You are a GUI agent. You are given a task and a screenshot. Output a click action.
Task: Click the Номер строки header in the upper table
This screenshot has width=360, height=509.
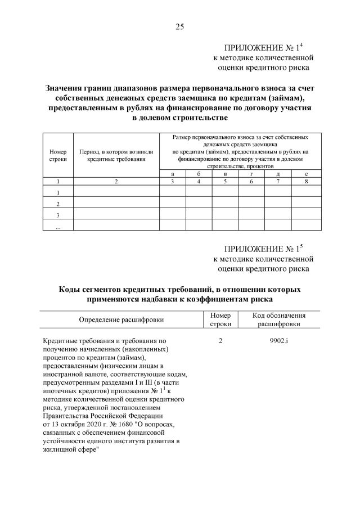[x=58, y=155]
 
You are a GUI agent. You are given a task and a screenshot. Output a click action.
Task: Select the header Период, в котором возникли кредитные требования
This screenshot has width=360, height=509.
[x=116, y=155]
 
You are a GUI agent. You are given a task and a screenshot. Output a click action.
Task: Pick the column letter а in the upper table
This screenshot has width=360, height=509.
[x=173, y=174]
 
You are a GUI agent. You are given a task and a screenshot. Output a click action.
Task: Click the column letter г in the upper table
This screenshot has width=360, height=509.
[x=251, y=174]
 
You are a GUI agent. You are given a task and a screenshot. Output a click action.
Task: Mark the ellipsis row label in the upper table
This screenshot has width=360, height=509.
[x=58, y=225]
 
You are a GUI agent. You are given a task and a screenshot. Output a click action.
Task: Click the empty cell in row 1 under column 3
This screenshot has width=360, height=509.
[x=173, y=192]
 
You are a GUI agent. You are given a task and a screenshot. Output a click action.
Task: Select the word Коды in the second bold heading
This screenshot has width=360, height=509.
[x=71, y=290]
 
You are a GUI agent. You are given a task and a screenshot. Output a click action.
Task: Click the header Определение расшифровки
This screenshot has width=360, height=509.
[x=121, y=319]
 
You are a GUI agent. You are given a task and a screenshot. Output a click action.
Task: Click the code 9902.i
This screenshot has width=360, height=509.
[x=279, y=341]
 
